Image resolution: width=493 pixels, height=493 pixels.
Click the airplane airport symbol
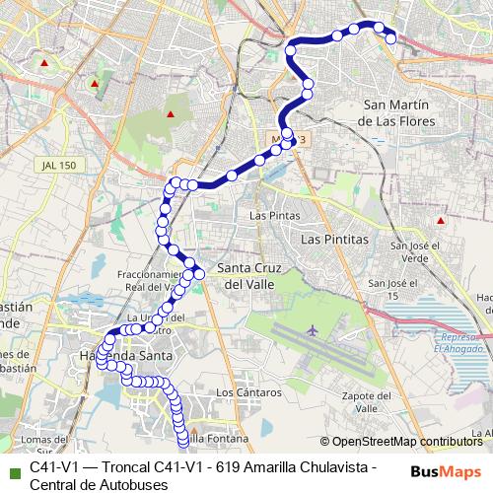pyautogui.click(x=314, y=329)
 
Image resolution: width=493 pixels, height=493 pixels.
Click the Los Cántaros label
pyautogui.click(x=241, y=391)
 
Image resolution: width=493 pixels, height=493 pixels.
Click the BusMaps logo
pyautogui.click(x=445, y=471)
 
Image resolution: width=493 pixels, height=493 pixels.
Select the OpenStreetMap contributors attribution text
pyautogui.click(x=406, y=443)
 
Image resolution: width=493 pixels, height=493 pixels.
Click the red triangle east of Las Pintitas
pyautogui.click(x=440, y=220)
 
